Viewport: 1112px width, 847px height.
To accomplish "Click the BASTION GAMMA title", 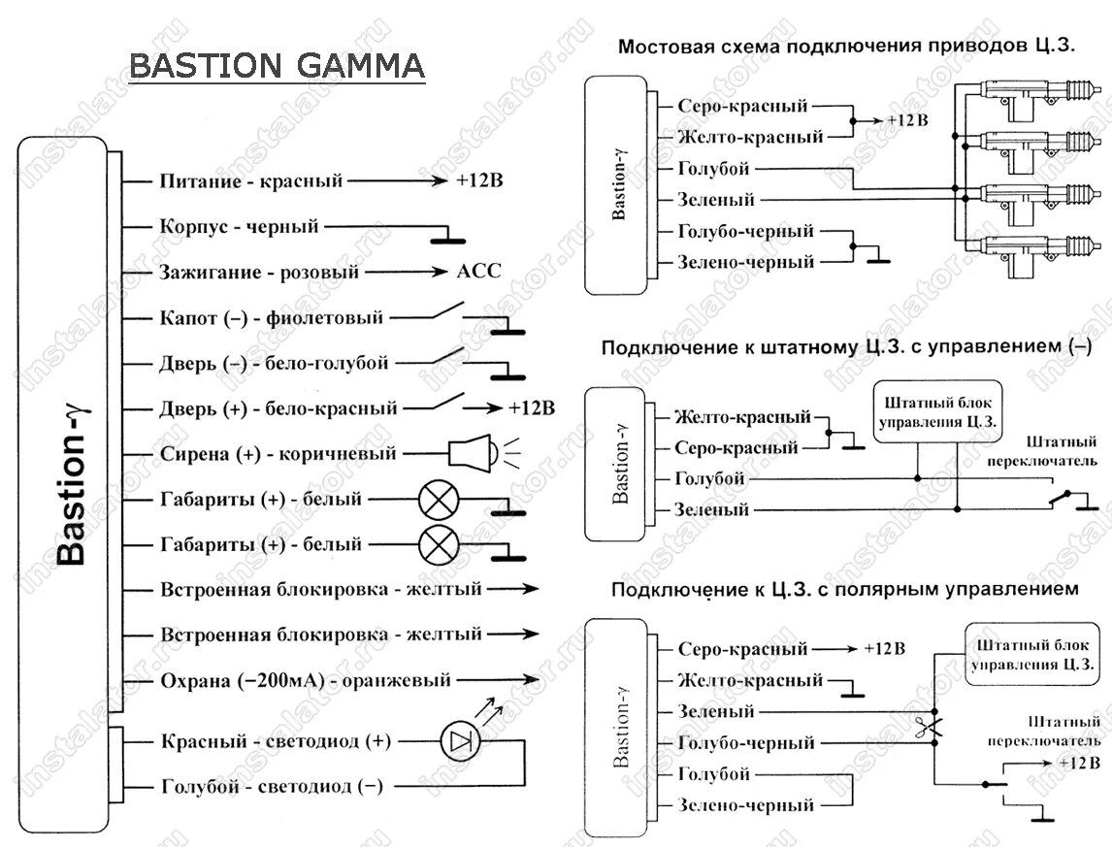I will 277,66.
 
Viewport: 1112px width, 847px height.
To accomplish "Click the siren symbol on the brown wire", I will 474,453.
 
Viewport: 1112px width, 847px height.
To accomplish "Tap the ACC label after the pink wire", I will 478,272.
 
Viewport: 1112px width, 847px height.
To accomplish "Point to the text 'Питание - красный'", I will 250,180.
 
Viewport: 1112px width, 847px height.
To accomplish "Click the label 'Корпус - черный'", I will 239,226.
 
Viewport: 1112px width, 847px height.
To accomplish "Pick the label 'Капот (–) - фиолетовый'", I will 271,317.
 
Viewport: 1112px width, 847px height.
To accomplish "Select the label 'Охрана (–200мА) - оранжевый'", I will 305,680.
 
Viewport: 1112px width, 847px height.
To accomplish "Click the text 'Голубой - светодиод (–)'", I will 272,787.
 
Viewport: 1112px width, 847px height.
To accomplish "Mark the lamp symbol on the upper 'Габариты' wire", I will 439,500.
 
